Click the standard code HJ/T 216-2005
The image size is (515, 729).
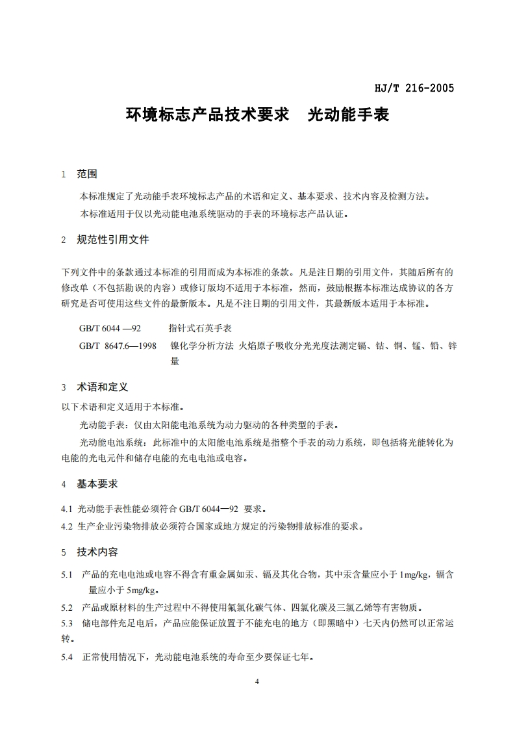coord(414,88)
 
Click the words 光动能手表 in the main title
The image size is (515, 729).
coord(348,116)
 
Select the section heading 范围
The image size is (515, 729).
coord(87,174)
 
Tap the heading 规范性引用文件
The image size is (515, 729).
coord(113,240)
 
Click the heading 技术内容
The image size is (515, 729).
coord(97,552)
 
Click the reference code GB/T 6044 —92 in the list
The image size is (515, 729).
coord(110,329)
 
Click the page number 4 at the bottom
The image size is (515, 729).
coord(258,682)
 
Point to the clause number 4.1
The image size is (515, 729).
coord(66,509)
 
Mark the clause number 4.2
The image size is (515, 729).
coord(66,526)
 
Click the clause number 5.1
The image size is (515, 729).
coord(66,575)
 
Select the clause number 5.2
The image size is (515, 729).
coord(66,608)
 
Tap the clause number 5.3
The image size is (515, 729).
coord(66,624)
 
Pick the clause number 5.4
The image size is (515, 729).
coord(66,658)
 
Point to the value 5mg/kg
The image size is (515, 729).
coord(142,591)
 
